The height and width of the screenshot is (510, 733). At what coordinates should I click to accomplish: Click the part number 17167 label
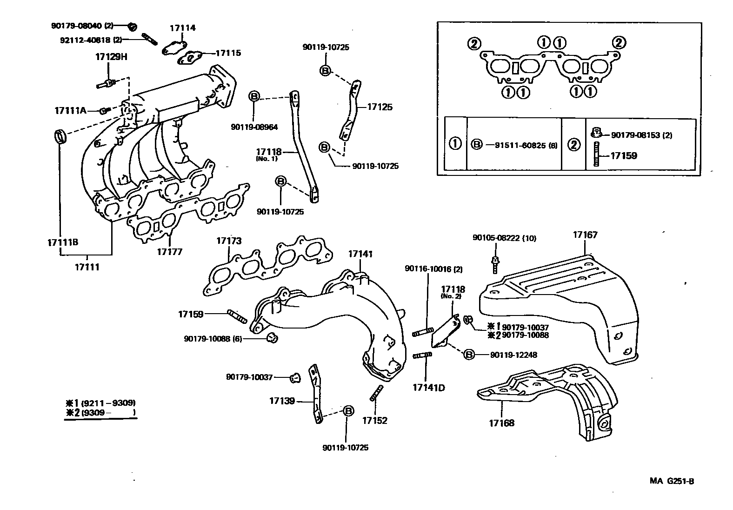[x=585, y=235]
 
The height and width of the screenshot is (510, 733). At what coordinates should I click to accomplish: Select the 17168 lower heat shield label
[x=501, y=423]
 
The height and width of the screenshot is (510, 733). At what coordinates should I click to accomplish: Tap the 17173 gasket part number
[x=229, y=241]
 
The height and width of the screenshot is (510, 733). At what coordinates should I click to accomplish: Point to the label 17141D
[x=428, y=387]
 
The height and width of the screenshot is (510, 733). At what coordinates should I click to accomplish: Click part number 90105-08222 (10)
[x=504, y=238]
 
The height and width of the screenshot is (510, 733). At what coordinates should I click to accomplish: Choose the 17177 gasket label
[x=169, y=252]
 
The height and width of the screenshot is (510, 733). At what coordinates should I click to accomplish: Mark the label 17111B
[x=62, y=242]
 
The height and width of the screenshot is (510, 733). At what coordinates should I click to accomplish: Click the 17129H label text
[x=111, y=57]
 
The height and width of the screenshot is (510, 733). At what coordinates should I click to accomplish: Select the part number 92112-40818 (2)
[x=91, y=40]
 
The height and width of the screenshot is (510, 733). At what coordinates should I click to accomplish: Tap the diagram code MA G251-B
[x=672, y=481]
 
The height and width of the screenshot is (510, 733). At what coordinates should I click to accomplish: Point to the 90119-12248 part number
[x=513, y=355]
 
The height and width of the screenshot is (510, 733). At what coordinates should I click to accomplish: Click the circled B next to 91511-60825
[x=476, y=144]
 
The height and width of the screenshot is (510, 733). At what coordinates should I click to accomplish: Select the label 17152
[x=374, y=420]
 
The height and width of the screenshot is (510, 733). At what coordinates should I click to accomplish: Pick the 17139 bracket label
[x=282, y=400]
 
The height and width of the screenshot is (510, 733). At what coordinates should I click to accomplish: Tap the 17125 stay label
[x=380, y=107]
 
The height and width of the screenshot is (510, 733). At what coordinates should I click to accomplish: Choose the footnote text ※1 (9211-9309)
[x=100, y=403]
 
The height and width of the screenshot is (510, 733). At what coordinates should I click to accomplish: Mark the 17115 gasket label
[x=228, y=53]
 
